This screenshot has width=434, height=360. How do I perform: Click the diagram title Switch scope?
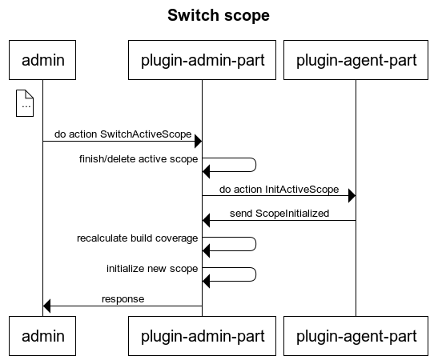(x=219, y=15)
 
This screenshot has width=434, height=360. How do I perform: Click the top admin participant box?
(x=42, y=60)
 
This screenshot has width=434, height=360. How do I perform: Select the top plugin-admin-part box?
(x=202, y=60)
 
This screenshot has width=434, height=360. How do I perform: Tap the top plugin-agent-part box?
(x=356, y=60)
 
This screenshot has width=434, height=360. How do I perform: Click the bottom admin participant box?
(x=42, y=336)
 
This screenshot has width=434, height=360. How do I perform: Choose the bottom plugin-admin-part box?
(x=202, y=336)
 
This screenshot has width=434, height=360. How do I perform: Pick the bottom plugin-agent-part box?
(x=356, y=336)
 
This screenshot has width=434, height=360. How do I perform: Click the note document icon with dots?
(x=25, y=103)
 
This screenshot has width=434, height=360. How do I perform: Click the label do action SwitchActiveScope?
(x=123, y=134)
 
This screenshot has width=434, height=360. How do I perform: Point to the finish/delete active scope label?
(x=139, y=159)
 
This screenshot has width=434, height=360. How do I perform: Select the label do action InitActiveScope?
(x=279, y=190)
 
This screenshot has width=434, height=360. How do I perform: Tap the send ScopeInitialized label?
(x=279, y=214)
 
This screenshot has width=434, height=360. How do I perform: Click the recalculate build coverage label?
(x=137, y=238)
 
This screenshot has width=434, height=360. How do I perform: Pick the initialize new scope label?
(x=152, y=269)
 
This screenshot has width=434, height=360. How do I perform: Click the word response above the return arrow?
(x=123, y=299)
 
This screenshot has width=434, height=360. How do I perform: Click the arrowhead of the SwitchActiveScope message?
(x=198, y=142)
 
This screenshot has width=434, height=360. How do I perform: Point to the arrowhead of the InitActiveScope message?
(x=352, y=196)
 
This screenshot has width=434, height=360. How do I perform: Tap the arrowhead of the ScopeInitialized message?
(x=207, y=220)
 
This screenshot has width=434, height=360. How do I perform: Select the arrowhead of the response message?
(x=46, y=306)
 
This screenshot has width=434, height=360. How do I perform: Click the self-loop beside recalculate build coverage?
(x=256, y=244)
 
